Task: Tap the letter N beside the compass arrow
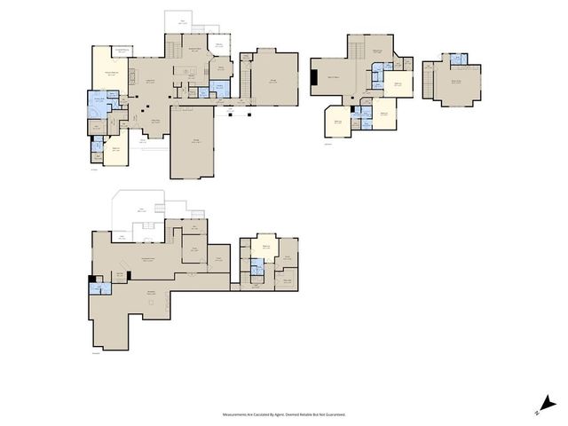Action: tap(538, 413)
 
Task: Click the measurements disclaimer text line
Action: tap(284, 414)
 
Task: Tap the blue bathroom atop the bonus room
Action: tap(458, 59)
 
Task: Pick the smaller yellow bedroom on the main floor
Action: tap(115, 151)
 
